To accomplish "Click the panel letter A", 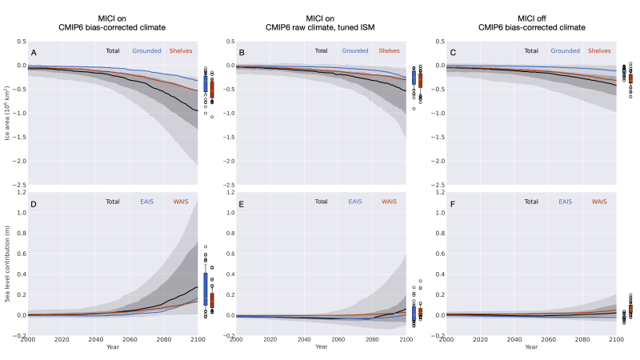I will click(x=34, y=52).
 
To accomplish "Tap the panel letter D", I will click(x=34, y=204).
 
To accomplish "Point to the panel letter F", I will click(x=451, y=204).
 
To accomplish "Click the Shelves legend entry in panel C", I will click(x=601, y=50).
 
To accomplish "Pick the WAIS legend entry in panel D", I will click(x=182, y=202).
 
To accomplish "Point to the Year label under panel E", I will click(x=321, y=346).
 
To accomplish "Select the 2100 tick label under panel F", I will click(x=616, y=338).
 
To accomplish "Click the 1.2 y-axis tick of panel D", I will click(x=20, y=192).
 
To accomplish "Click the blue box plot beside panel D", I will click(x=206, y=288).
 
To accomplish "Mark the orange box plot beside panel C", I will click(x=630, y=78).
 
